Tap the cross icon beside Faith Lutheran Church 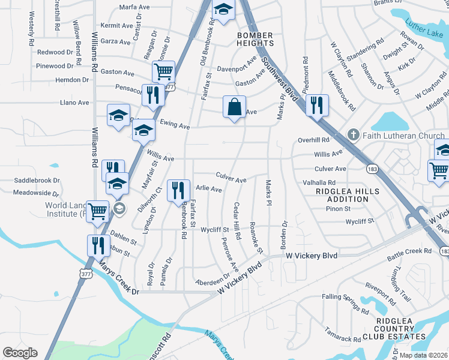(x=355, y=136)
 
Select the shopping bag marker (x=234, y=108)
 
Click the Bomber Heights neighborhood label (x=255, y=39)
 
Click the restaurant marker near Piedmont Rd (x=315, y=105)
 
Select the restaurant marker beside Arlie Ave (x=178, y=191)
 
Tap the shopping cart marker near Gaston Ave (x=163, y=72)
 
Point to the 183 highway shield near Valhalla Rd (x=373, y=170)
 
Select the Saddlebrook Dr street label (x=37, y=180)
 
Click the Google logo (x=20, y=353)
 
